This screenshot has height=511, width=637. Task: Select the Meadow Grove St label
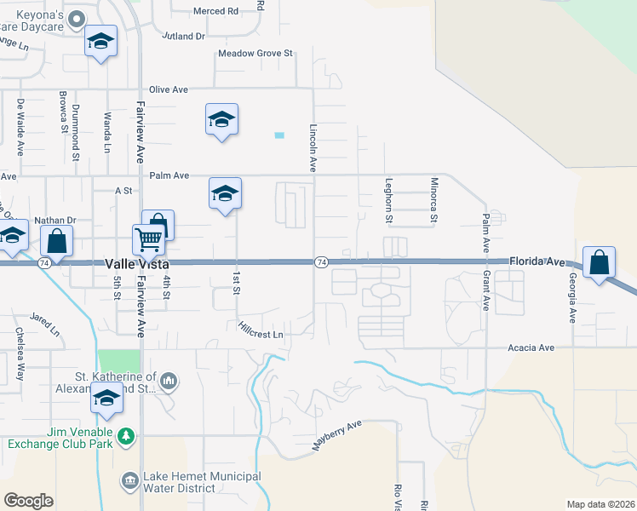pyautogui.click(x=255, y=53)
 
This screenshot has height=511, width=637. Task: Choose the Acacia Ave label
pyautogui.click(x=531, y=347)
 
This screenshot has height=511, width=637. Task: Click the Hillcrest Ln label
pyautogui.click(x=260, y=329)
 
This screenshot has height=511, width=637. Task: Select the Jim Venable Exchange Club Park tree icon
pyautogui.click(x=126, y=436)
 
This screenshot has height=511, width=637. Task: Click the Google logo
pyautogui.click(x=28, y=501)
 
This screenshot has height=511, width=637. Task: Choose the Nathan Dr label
pyautogui.click(x=55, y=220)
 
